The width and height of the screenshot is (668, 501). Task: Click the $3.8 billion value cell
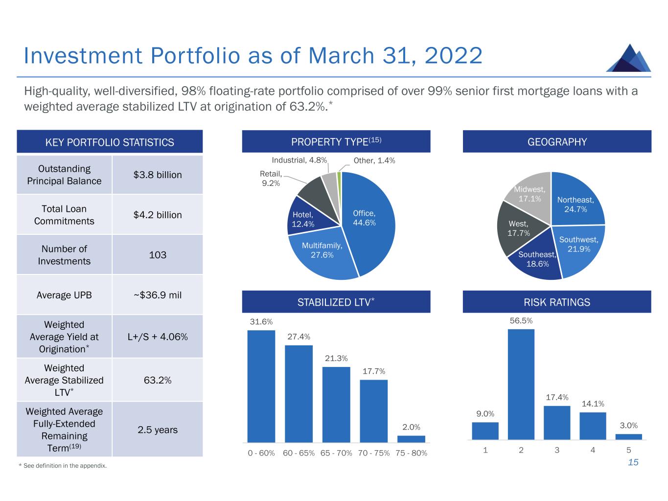point(157,175)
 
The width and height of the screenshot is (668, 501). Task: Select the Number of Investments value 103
point(157,255)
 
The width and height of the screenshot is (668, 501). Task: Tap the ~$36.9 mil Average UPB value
point(157,295)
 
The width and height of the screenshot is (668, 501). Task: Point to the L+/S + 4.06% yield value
point(157,337)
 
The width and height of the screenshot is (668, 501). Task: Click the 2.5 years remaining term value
point(157,430)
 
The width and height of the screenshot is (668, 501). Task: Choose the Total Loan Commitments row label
point(64,215)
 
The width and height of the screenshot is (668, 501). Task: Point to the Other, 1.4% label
point(374,160)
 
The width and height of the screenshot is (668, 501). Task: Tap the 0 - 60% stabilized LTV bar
point(261,386)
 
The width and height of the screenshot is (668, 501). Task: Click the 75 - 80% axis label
point(411,453)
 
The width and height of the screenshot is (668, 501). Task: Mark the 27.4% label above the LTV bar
point(299,337)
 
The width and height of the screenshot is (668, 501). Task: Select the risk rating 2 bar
point(521,384)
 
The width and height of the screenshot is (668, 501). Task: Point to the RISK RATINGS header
point(556,302)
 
